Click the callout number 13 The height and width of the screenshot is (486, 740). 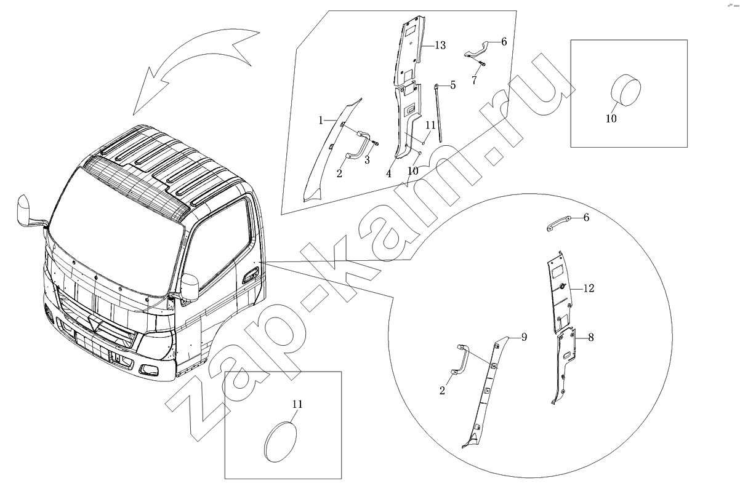click(x=440, y=46)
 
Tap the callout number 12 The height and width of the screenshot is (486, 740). click(x=589, y=289)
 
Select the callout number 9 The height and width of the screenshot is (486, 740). click(x=524, y=337)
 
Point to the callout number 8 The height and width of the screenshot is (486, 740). click(x=591, y=337)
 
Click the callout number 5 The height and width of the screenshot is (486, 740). click(x=453, y=85)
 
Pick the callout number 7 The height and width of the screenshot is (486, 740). click(x=475, y=80)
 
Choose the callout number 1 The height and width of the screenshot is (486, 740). click(x=321, y=121)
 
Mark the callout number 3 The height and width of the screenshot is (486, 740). click(x=367, y=160)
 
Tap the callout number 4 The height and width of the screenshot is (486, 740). click(x=389, y=173)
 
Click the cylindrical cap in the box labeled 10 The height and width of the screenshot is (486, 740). click(x=625, y=89)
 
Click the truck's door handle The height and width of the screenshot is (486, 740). click(x=251, y=276)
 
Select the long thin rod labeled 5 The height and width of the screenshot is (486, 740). click(x=438, y=113)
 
